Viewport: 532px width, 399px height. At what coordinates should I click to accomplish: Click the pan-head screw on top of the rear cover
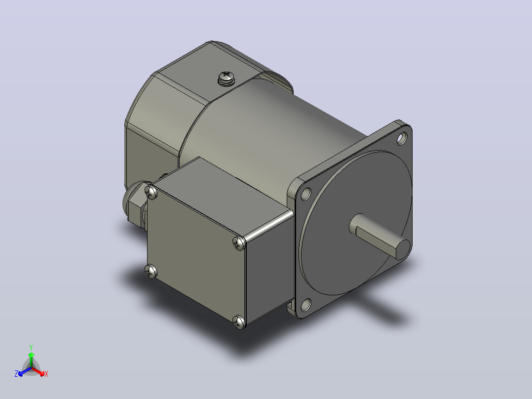pyautogui.click(x=226, y=79)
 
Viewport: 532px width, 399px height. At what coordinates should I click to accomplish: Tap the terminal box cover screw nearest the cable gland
pyautogui.click(x=151, y=193)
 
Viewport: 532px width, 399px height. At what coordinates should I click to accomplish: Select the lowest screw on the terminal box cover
pyautogui.click(x=239, y=322)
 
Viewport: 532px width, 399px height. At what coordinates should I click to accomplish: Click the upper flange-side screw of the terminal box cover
pyautogui.click(x=239, y=243)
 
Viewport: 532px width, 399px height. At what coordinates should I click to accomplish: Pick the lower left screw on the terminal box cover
pyautogui.click(x=151, y=271)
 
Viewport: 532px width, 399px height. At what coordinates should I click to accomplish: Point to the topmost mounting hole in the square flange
pyautogui.click(x=402, y=139)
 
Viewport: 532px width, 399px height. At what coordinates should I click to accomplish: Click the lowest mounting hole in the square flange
pyautogui.click(x=306, y=305)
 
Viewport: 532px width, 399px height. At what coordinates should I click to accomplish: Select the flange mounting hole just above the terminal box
pyautogui.click(x=306, y=194)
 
